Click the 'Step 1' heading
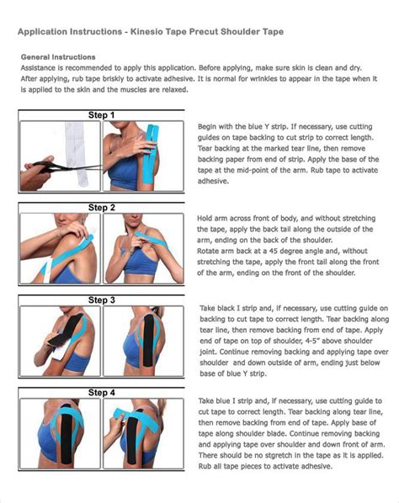tap(101, 114)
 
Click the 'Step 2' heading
tap(101, 205)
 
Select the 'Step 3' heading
tap(101, 299)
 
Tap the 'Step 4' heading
tap(101, 392)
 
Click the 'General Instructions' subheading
tap(57, 57)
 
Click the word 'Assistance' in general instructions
tap(41, 67)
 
